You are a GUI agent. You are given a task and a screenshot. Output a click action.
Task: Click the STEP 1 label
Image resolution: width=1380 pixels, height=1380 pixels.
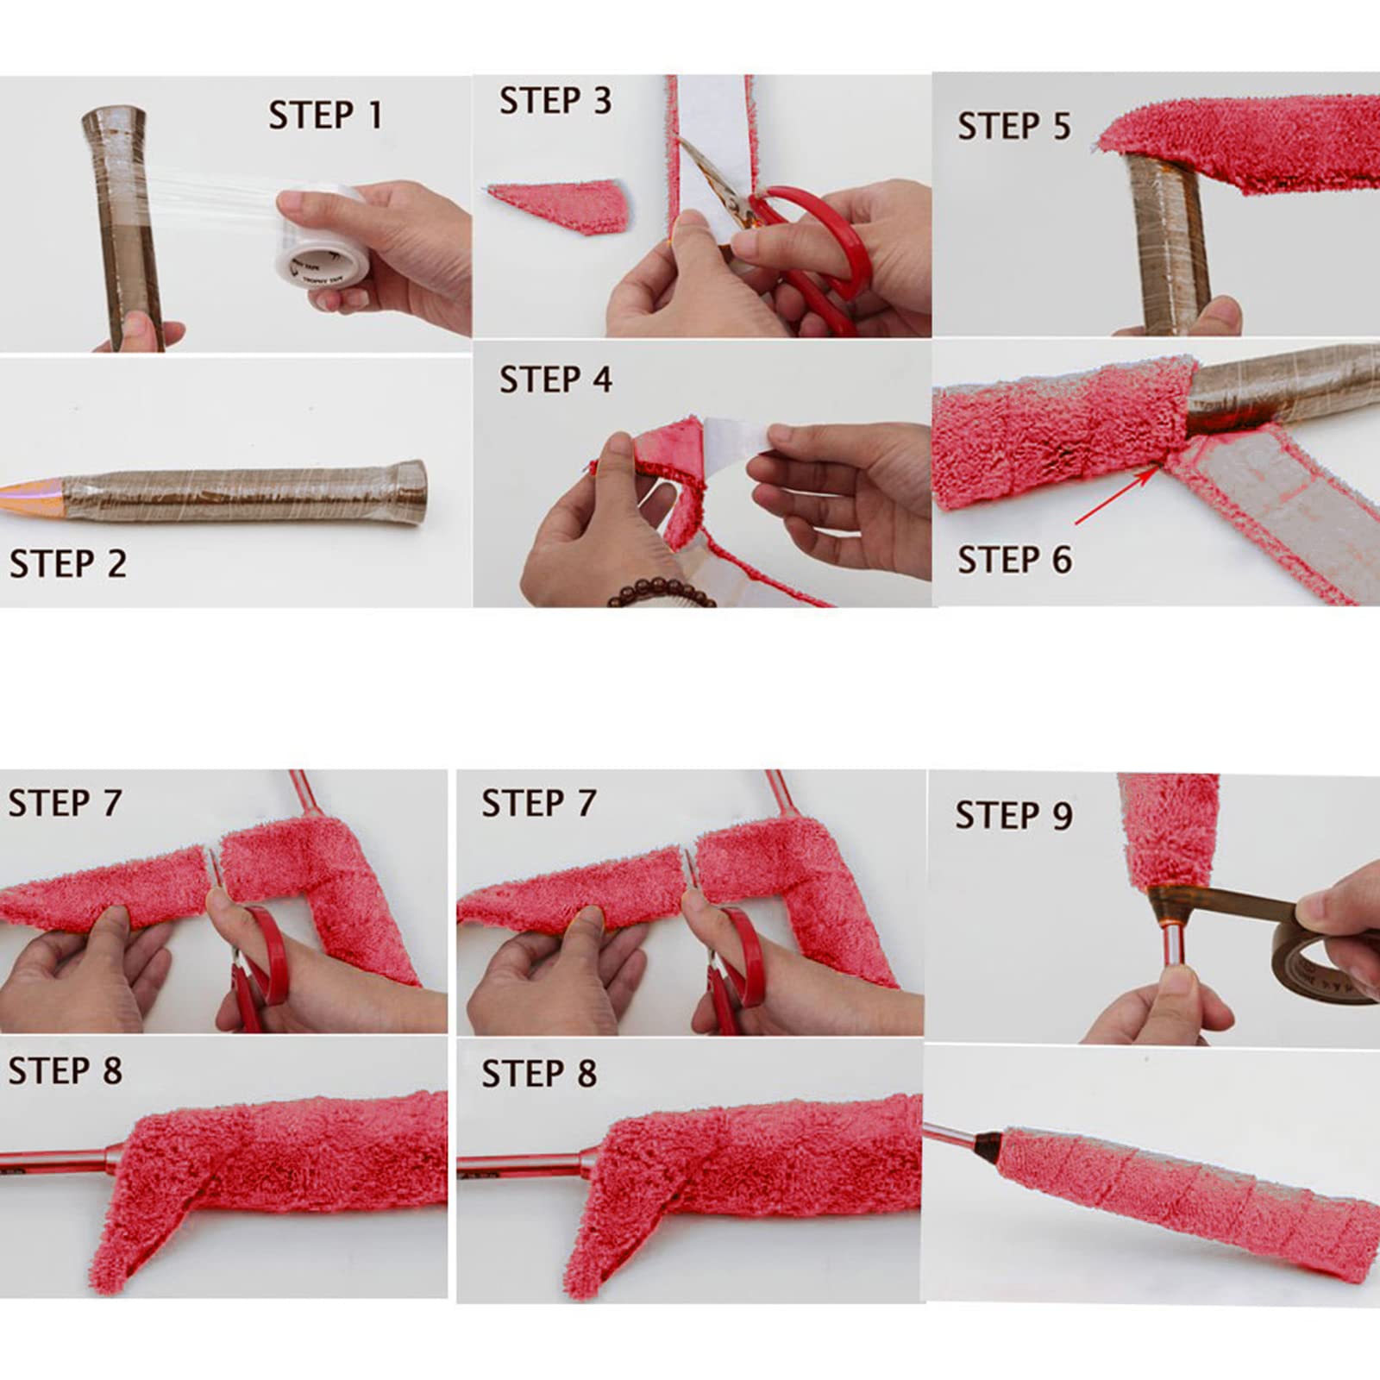pos(325,115)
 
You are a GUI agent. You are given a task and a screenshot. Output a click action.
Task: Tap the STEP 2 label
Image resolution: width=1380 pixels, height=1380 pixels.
pos(68,564)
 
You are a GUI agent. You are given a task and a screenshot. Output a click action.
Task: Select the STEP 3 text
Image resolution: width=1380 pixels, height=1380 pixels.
pos(555,100)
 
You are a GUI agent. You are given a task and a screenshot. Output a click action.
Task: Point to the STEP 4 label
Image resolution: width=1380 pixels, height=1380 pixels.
pos(555,379)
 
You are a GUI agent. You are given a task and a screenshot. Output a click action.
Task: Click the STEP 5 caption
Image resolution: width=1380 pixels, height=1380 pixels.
pos(1014,126)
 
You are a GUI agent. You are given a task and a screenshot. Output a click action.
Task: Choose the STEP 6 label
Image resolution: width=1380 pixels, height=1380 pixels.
pos(1014,560)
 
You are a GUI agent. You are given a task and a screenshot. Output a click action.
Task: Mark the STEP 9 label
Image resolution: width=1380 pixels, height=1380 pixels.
pos(1013,815)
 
